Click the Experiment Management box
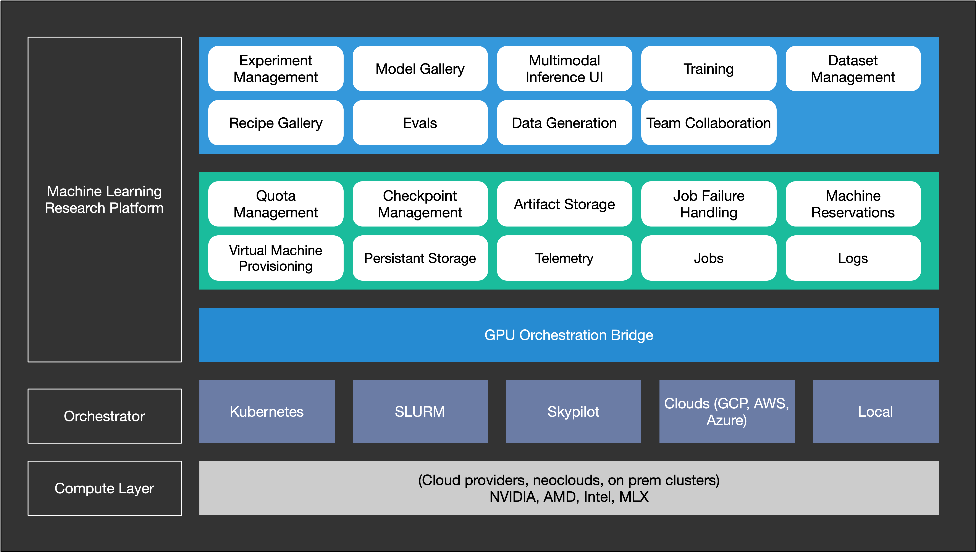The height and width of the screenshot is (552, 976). click(276, 69)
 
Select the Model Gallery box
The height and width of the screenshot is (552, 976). click(420, 69)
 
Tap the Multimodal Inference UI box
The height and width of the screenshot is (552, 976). click(564, 69)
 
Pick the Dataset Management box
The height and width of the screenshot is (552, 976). click(853, 69)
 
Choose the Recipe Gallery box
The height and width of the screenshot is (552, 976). click(276, 123)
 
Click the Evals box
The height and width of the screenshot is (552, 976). click(420, 123)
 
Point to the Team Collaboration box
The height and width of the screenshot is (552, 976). click(708, 123)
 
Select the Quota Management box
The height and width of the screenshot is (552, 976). click(276, 204)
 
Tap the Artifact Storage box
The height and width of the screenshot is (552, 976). click(564, 204)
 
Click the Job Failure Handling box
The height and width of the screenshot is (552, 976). click(708, 204)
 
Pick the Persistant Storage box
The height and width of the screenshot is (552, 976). click(420, 258)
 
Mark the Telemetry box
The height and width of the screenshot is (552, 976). click(564, 258)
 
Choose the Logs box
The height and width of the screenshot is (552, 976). click(853, 258)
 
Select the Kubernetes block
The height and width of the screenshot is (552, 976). click(267, 411)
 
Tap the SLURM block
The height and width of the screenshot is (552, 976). click(420, 411)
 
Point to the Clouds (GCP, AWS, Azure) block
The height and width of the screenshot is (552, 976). click(727, 411)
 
